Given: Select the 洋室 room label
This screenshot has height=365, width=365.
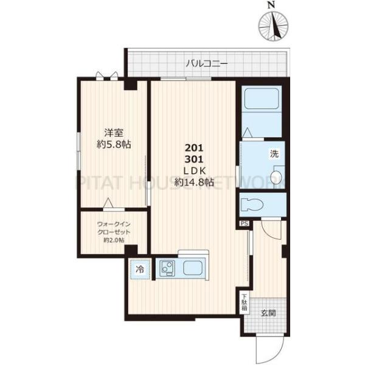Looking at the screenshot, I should click(111, 132).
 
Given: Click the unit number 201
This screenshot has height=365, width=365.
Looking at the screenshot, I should click(194, 148).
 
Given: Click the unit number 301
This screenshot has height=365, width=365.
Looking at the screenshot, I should click(194, 159).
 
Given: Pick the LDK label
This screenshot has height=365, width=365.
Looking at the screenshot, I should click(194, 170).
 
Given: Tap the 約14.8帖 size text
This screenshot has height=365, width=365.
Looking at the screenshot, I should click(194, 182).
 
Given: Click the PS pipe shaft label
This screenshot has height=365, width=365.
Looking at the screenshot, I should click(244, 224).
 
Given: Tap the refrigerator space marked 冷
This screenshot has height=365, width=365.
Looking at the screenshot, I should click(141, 269).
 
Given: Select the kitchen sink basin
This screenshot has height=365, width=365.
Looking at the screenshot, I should click(196, 268).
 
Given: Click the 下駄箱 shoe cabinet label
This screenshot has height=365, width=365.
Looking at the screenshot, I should click(243, 302).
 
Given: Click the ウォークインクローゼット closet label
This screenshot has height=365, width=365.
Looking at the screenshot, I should click(114, 228).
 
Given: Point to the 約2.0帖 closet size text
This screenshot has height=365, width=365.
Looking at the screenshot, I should click(114, 240).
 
